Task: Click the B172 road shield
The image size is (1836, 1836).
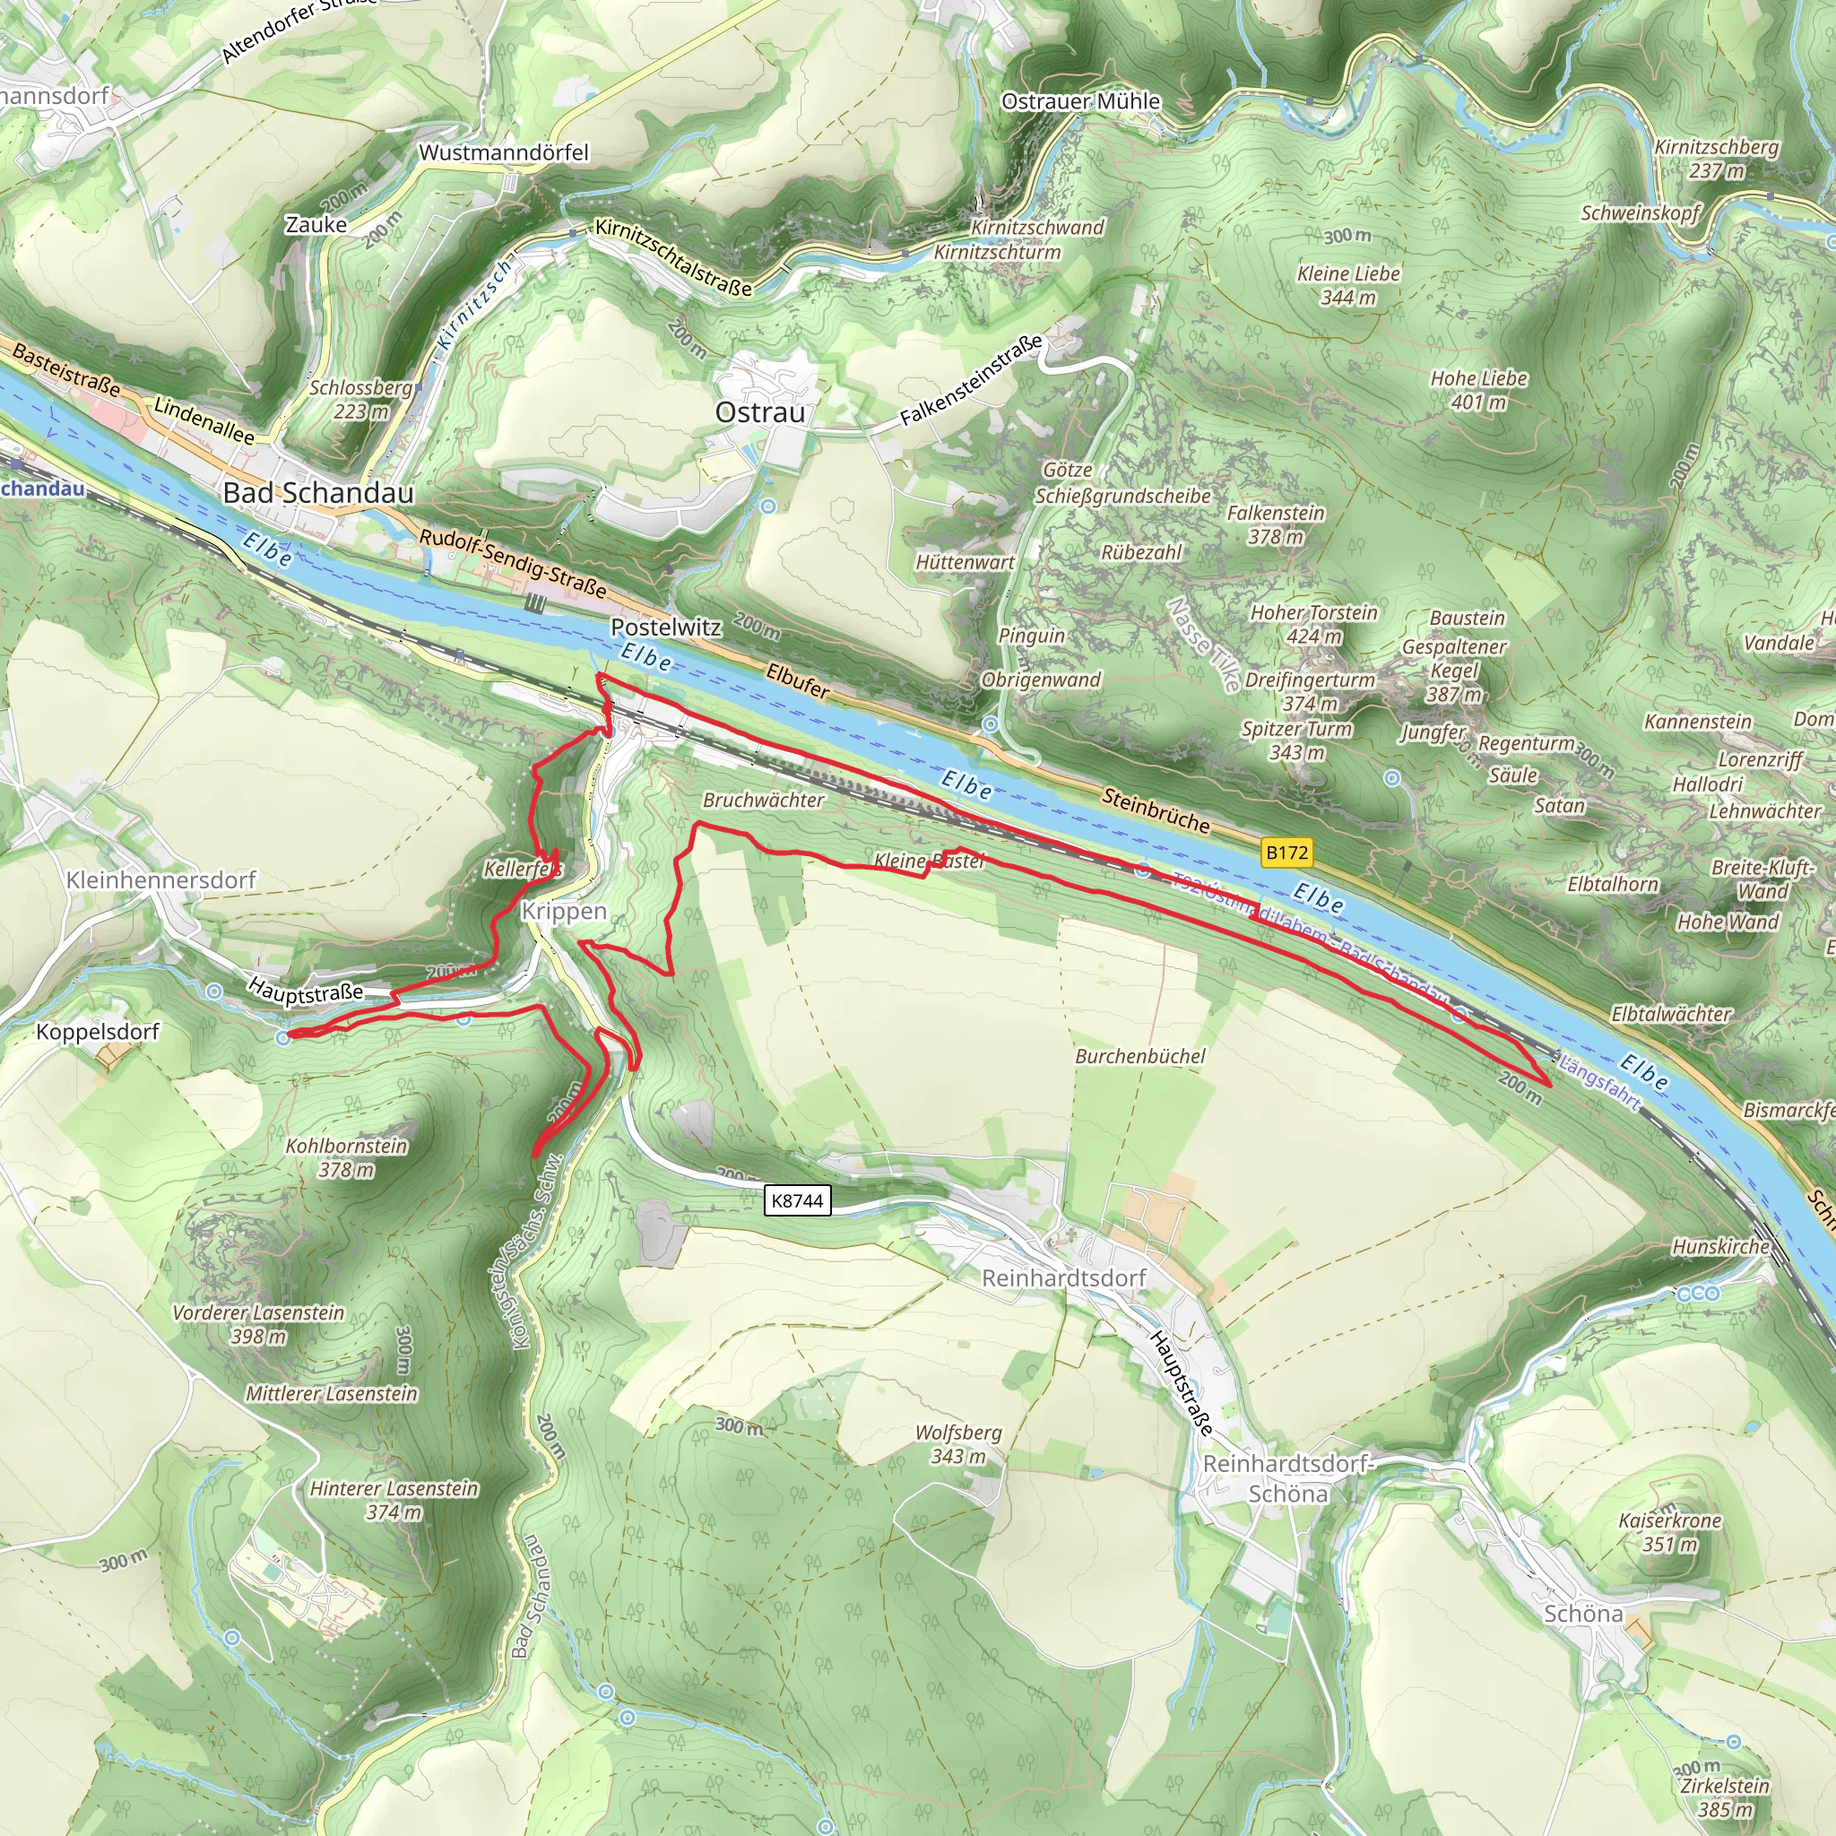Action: pyautogui.click(x=1286, y=853)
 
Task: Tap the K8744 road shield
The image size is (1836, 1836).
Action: pyautogui.click(x=797, y=1200)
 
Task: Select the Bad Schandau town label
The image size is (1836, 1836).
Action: pyautogui.click(x=318, y=492)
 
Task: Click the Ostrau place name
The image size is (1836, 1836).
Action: pyautogui.click(x=759, y=412)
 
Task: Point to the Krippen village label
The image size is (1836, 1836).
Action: pyautogui.click(x=564, y=912)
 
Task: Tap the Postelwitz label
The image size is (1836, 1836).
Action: pyautogui.click(x=665, y=628)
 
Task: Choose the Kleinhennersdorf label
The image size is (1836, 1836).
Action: pyautogui.click(x=160, y=880)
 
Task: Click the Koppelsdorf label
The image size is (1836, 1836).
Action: pyautogui.click(x=98, y=1032)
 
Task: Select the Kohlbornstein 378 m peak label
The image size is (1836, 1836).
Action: pyautogui.click(x=347, y=1157)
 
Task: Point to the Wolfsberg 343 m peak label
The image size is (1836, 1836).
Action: pyautogui.click(x=958, y=1443)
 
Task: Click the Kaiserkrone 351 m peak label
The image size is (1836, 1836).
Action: pyautogui.click(x=1669, y=1532)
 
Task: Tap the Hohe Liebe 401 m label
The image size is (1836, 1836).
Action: pyautogui.click(x=1478, y=391)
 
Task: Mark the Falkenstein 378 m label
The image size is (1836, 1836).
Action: pyautogui.click(x=1276, y=524)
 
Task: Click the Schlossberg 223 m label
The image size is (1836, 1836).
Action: pyautogui.click(x=361, y=399)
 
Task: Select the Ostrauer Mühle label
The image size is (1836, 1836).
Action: pyautogui.click(x=1080, y=101)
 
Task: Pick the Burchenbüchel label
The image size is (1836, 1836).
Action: pyautogui.click(x=1139, y=1057)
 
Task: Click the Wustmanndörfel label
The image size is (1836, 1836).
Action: pyautogui.click(x=504, y=153)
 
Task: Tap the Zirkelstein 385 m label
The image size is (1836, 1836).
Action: pyautogui.click(x=1724, y=1797)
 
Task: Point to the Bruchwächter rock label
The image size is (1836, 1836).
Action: pyautogui.click(x=763, y=801)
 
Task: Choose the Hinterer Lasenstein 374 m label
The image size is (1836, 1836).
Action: pyautogui.click(x=394, y=1500)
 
